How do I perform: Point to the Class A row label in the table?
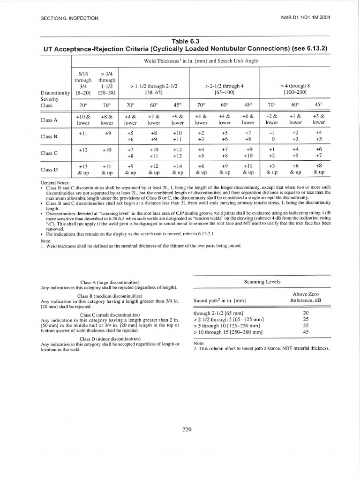49,120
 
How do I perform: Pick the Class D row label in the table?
49,169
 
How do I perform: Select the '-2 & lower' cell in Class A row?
272,120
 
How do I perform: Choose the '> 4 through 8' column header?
295,90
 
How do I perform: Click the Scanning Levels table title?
262,282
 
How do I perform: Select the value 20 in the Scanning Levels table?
306,312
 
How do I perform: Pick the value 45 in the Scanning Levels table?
306,331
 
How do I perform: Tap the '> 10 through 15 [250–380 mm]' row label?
228,331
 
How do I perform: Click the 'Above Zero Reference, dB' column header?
306,297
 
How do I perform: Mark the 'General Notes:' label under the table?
55,182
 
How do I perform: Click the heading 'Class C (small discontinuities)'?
110,315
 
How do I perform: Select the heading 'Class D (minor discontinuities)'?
110,338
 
